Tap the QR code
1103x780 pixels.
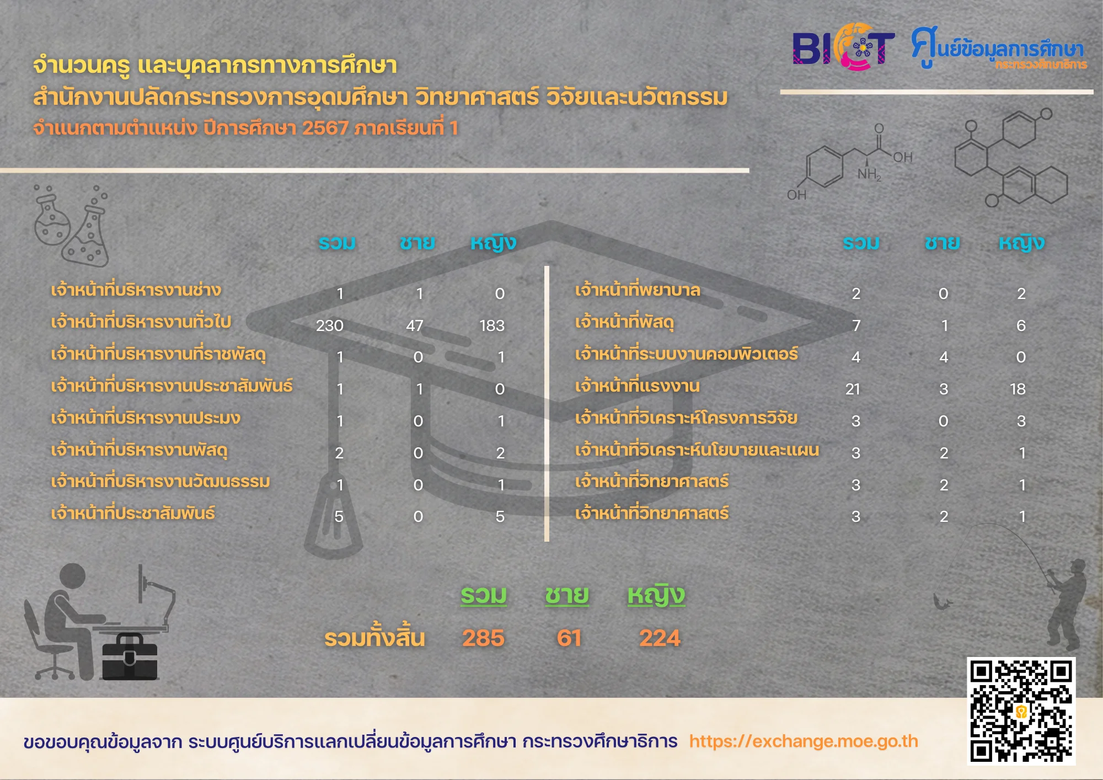[x=1021, y=711]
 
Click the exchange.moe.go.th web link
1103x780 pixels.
[x=804, y=741]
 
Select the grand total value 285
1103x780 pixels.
[x=483, y=638]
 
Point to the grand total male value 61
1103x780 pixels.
[x=569, y=638]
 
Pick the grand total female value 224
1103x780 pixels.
[x=660, y=638]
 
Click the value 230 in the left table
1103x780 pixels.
[x=330, y=325]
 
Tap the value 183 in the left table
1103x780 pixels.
[x=492, y=325]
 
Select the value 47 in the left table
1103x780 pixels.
[x=415, y=325]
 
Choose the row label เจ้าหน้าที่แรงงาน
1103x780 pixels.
[x=637, y=386]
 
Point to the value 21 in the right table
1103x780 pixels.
[x=853, y=389]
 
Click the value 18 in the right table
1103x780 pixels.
[x=1018, y=389]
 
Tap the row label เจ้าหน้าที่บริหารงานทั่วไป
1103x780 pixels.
[x=141, y=322]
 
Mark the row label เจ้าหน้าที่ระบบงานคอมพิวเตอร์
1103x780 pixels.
[x=686, y=354]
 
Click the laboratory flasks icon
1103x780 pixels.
[x=71, y=226]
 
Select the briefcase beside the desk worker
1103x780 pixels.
[x=130, y=656]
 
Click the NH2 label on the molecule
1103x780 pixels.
[x=869, y=174]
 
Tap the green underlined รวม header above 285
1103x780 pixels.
[x=484, y=596]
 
